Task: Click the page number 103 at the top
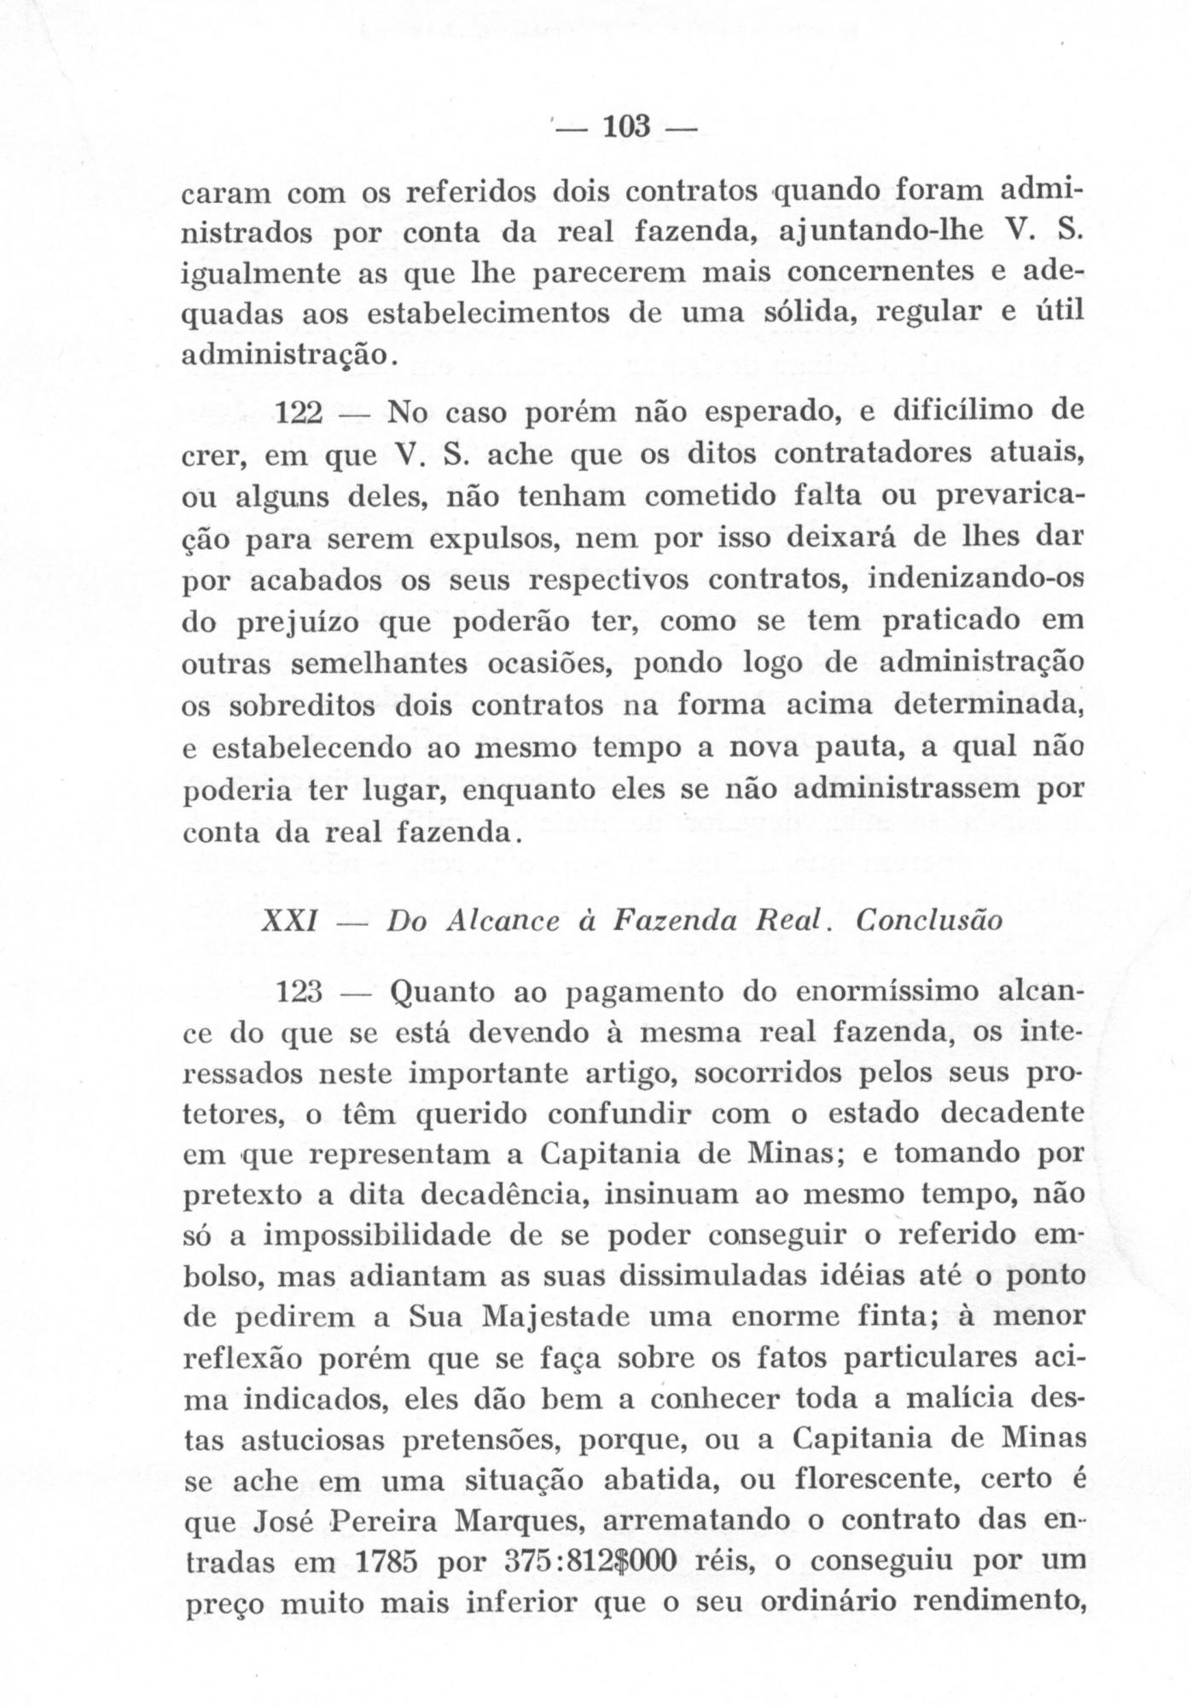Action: click(x=627, y=127)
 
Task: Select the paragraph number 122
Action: click(x=299, y=415)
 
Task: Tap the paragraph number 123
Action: click(x=299, y=992)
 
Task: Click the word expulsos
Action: click(x=491, y=540)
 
